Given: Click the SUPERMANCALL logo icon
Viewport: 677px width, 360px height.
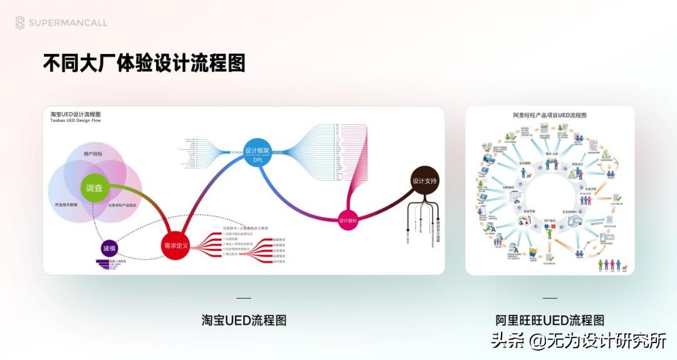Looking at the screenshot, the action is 20,23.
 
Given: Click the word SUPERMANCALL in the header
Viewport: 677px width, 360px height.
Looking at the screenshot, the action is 68,23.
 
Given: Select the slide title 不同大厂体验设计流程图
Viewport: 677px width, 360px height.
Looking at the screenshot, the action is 144,63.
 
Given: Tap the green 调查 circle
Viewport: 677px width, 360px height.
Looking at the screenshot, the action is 95,188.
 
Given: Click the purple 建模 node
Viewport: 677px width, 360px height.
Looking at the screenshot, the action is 110,249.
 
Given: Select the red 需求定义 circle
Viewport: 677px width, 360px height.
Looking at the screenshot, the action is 176,246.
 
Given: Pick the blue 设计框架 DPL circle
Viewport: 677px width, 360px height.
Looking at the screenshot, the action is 258,152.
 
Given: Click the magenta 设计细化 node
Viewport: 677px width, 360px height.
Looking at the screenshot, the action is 348,220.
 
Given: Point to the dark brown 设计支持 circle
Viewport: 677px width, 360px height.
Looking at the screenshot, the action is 424,181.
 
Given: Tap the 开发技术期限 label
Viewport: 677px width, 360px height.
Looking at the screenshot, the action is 66,205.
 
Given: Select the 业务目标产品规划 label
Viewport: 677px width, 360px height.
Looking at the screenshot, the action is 122,205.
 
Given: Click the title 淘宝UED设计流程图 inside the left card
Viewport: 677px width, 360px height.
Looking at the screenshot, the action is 75,114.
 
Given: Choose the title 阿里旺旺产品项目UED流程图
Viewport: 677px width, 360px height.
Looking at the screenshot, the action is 550,115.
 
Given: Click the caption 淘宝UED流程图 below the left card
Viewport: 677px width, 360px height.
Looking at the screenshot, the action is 244,320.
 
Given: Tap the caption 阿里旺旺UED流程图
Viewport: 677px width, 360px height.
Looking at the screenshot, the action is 550,320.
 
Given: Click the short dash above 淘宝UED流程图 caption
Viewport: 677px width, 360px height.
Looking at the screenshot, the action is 244,298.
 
